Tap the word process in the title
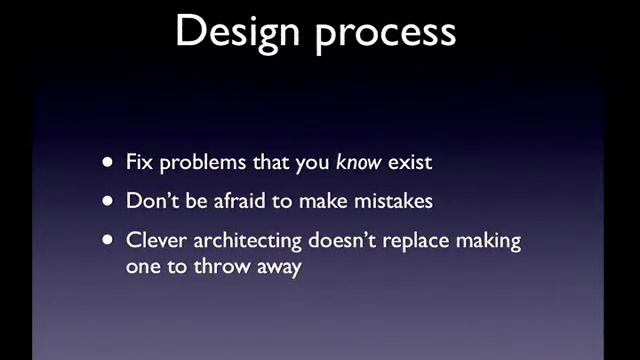(x=385, y=33)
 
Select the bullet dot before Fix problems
(x=108, y=163)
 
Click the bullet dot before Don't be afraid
(x=108, y=201)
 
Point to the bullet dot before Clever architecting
(x=108, y=242)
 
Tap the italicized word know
(x=357, y=162)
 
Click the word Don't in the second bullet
(x=150, y=200)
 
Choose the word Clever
(x=154, y=241)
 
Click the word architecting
(x=246, y=243)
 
